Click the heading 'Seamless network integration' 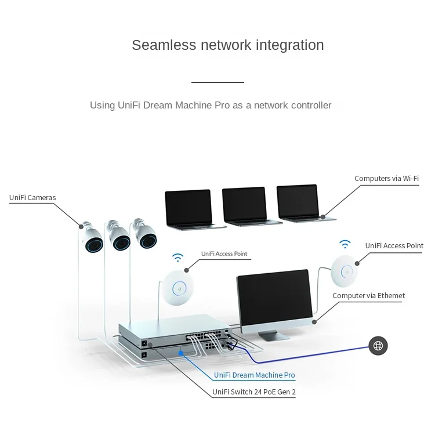tap(227, 45)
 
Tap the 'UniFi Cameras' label tap(32, 198)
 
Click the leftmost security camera tap(92, 238)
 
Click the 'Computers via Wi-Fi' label tap(386, 179)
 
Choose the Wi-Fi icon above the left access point tap(177, 257)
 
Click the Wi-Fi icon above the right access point tap(345, 244)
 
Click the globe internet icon tap(378, 346)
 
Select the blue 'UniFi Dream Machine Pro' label tap(255, 375)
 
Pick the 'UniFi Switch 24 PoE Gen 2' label tap(254, 392)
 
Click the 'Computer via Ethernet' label tap(368, 296)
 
